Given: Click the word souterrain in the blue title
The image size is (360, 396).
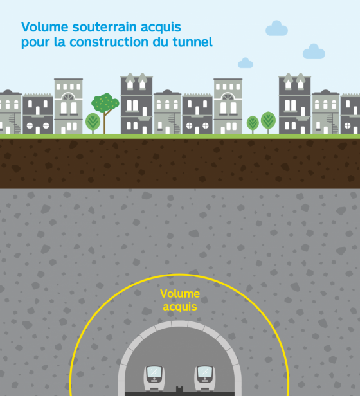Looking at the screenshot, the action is point(105,27).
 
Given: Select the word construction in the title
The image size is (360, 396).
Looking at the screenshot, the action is point(109,42).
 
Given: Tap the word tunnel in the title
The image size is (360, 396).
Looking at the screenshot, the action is point(192,42).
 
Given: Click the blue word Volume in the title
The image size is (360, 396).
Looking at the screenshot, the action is point(45,27).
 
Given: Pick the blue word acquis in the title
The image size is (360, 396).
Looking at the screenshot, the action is point(161,28).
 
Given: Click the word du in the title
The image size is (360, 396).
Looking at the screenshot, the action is point(161,42).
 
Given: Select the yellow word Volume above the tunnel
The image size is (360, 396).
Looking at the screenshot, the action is point(180,294).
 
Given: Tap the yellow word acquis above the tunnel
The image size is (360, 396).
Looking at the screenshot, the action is point(180,307).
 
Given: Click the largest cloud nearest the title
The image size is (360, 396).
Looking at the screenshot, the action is point(276,28).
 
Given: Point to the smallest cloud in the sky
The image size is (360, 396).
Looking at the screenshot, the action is point(246,63).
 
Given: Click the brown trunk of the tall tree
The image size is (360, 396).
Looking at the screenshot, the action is point(105,122).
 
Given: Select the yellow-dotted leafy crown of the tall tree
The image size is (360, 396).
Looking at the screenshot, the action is point(105,102).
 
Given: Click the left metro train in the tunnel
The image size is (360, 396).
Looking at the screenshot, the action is point(154,378).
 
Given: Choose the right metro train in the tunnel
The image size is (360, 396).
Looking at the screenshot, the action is point(205,378).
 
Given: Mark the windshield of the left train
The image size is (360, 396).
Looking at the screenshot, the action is point(154,372).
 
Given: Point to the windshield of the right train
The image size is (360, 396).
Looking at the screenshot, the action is point(205,372).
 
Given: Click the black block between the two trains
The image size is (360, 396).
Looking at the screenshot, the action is point(179,390).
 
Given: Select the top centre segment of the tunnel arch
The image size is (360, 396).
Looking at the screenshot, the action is point(179,324).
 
